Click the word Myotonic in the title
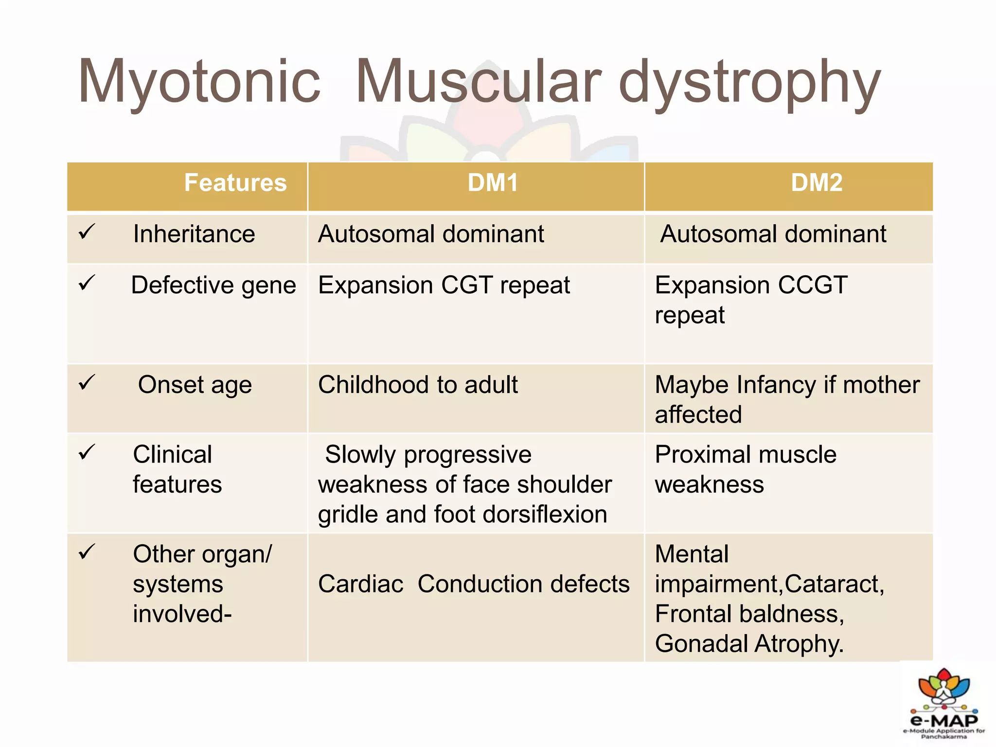tap(199, 83)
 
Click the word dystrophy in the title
tap(749, 83)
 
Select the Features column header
tap(235, 183)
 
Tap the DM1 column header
tap(493, 183)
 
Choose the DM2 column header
tap(817, 183)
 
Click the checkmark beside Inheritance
tap(87, 232)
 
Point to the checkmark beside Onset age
tap(87, 383)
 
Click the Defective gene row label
tap(213, 285)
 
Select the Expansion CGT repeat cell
tap(444, 285)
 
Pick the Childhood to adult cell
tap(418, 385)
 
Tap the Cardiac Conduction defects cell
tap(474, 584)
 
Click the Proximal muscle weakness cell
tap(745, 469)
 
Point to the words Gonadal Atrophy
tap(749, 643)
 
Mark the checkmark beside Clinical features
tap(87, 453)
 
